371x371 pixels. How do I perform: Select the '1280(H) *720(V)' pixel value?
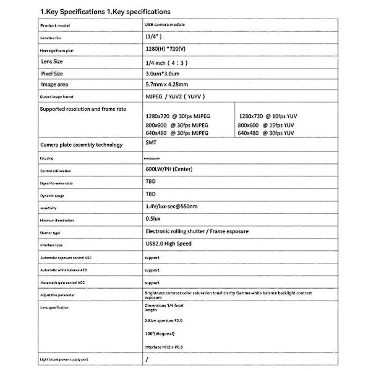click(x=168, y=49)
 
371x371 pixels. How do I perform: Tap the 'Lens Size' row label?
click(x=52, y=62)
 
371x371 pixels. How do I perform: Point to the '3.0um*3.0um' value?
click(x=163, y=74)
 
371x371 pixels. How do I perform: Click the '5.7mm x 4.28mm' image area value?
click(x=168, y=84)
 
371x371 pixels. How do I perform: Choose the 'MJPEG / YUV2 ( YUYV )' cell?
click(x=175, y=96)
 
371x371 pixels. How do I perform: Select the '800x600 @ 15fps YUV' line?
click(x=267, y=124)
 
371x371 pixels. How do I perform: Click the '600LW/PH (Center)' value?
click(x=169, y=168)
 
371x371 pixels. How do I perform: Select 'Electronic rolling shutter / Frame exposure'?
click(x=196, y=231)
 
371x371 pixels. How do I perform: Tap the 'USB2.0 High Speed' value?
click(x=168, y=244)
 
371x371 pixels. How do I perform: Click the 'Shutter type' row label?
click(x=50, y=233)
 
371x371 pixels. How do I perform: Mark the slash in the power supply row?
click(x=147, y=359)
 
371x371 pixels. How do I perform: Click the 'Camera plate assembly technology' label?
click(x=81, y=145)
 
